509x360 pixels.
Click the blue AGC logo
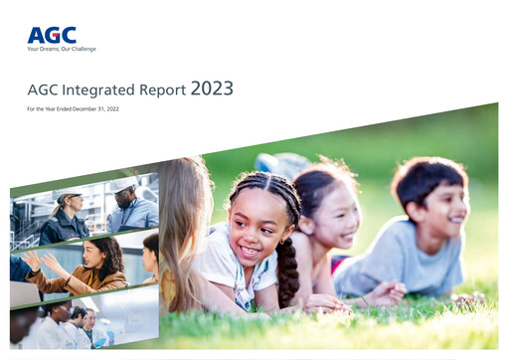(51, 35)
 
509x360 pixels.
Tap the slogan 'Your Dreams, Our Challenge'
(62, 48)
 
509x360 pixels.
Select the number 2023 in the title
(212, 89)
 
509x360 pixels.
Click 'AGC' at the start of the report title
(43, 90)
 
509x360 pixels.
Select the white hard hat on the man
(122, 185)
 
